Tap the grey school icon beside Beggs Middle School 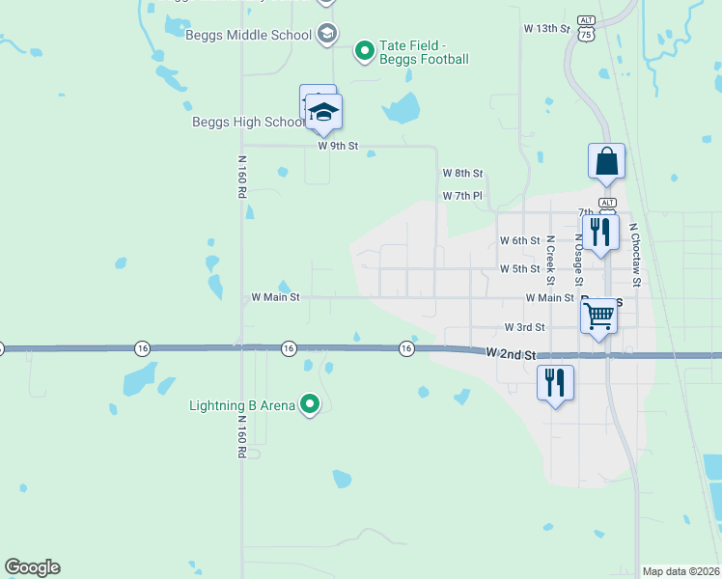click(x=326, y=36)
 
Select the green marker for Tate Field click(x=364, y=49)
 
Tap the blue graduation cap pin click(x=324, y=113)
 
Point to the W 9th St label click(x=338, y=146)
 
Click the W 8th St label click(x=462, y=173)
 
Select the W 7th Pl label click(x=462, y=196)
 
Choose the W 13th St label click(x=547, y=29)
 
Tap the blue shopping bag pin click(x=607, y=161)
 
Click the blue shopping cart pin click(x=599, y=316)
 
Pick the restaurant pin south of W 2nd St click(x=555, y=382)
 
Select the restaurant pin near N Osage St click(x=600, y=232)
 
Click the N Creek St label click(x=549, y=260)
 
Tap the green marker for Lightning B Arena click(x=309, y=403)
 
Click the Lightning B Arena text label click(x=242, y=405)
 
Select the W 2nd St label click(x=512, y=354)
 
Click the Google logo click(x=32, y=567)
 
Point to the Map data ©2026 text click(x=680, y=571)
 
